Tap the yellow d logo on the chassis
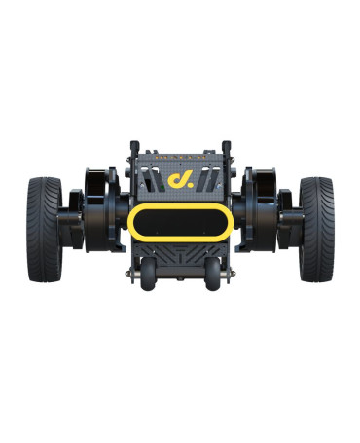(177, 181)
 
